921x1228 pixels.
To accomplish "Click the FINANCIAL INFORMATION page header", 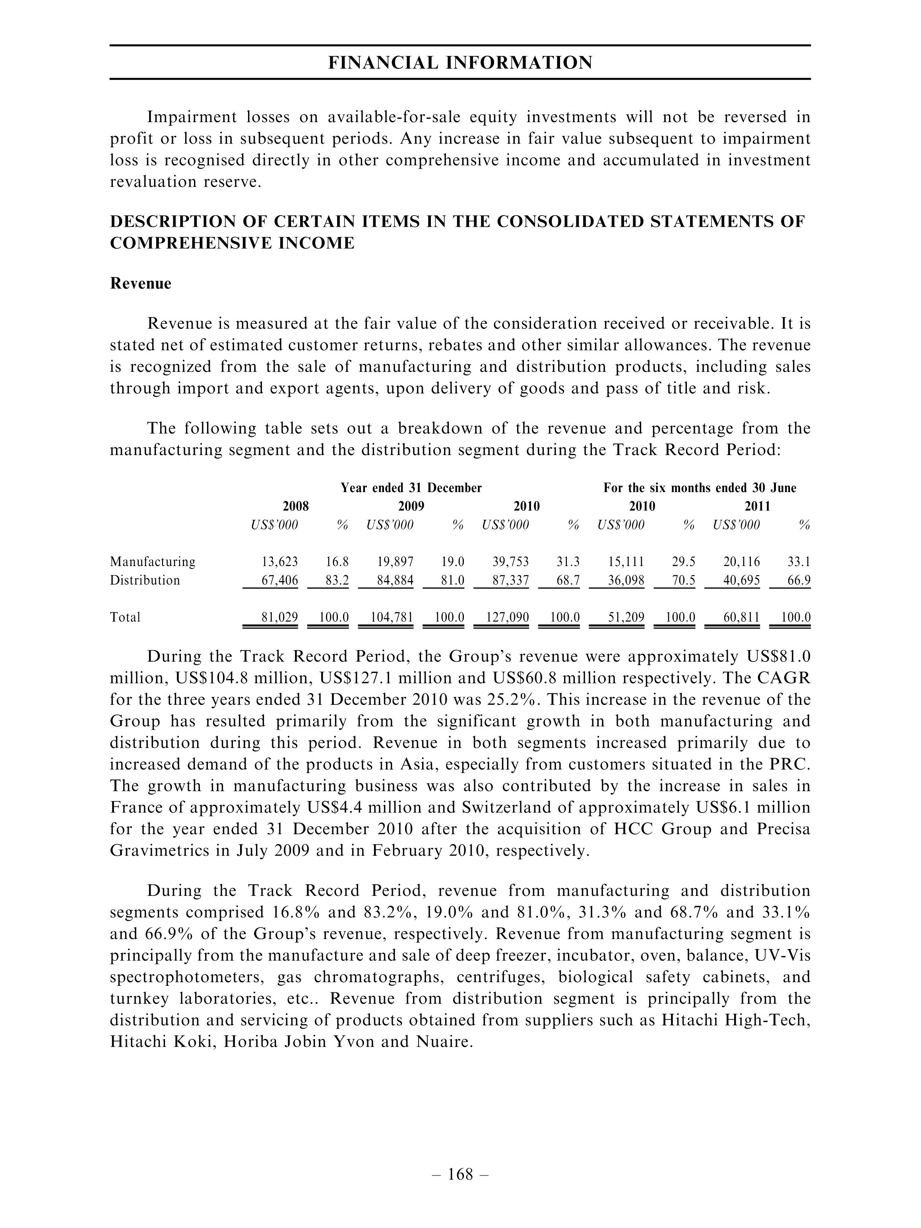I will [x=460, y=63].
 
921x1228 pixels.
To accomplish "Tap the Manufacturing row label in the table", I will [x=153, y=562].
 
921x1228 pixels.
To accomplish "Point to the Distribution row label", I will [x=145, y=581].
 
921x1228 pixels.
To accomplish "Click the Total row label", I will [x=125, y=617].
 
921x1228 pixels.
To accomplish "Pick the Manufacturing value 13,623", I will [x=279, y=562].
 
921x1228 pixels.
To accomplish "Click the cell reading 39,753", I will [x=510, y=562].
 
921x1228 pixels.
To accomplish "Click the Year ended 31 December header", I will [x=411, y=488].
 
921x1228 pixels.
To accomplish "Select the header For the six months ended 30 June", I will [x=700, y=488].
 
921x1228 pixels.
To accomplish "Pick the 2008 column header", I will [x=296, y=506].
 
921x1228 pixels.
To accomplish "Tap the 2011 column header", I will [x=757, y=506].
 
